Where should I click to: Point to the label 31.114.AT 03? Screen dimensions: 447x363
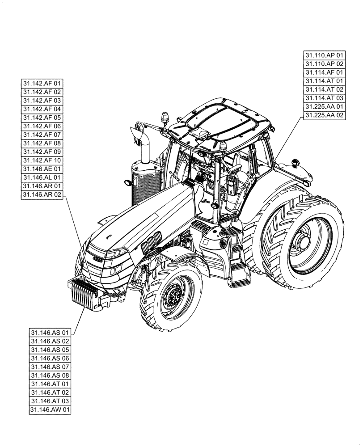(x=325, y=98)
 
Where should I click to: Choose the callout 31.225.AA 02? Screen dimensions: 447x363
(x=325, y=115)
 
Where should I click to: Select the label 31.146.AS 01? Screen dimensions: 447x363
(x=51, y=333)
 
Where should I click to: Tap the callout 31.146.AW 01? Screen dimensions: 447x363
(x=51, y=409)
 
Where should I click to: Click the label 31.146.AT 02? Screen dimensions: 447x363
(x=51, y=392)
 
